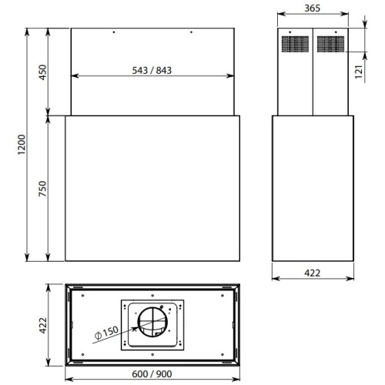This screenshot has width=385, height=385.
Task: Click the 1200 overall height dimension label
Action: coord(22,144)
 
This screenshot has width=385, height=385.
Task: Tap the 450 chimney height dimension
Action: coord(43,72)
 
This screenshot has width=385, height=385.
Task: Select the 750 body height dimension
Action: coord(43,189)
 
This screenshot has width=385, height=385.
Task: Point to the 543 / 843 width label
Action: coord(152,70)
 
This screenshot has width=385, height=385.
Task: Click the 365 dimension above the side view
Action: coord(313,8)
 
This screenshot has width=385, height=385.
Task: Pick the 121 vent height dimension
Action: coord(360,72)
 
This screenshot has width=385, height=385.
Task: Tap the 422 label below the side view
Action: coord(313,273)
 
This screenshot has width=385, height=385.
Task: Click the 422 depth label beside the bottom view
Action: coord(43,326)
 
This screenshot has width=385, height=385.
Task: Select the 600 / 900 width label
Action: coord(152,374)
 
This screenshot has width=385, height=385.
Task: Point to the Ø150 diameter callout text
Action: coord(106,333)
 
